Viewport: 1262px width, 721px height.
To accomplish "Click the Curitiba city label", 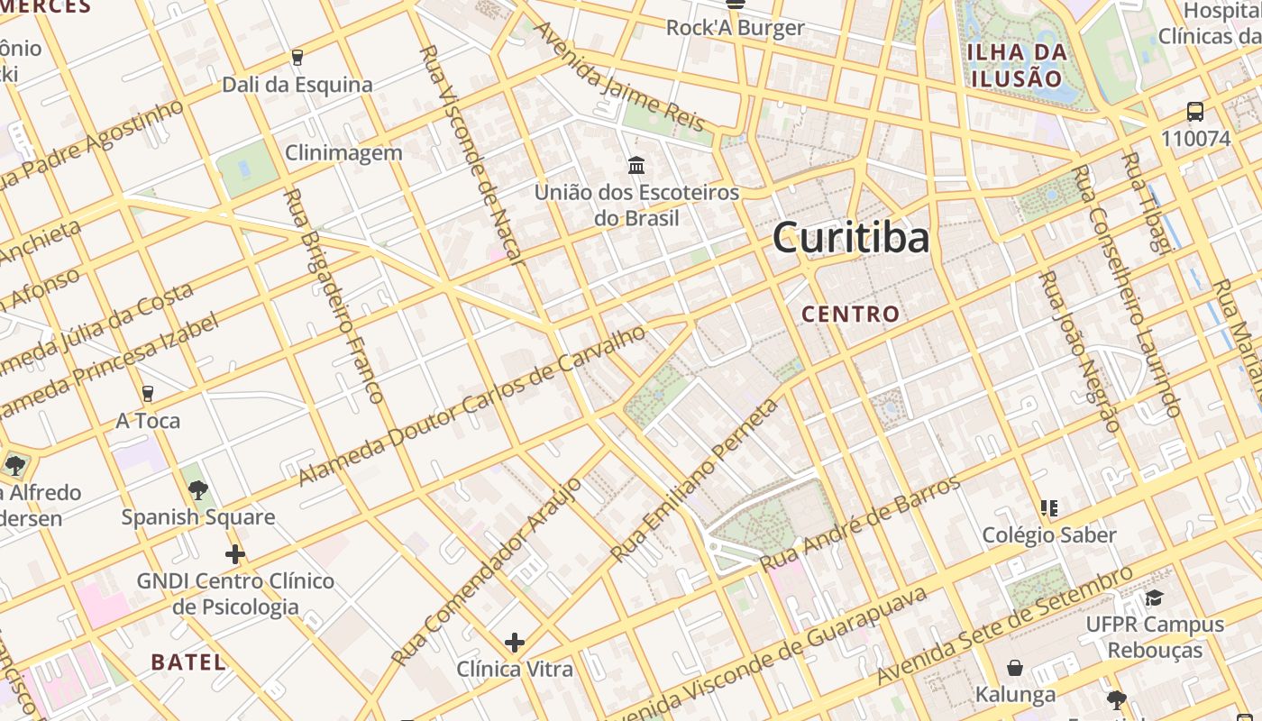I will tap(851, 238).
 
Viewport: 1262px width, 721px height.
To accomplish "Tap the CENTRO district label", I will tap(851, 314).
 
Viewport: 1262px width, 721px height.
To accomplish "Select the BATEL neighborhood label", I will tap(188, 662).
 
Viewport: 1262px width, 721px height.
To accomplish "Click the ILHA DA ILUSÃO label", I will tap(1017, 64).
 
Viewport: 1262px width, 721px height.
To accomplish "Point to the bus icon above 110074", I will tap(1195, 113).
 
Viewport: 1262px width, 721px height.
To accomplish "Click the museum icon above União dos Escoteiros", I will tap(636, 166).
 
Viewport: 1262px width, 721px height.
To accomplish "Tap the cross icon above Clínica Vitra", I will tap(515, 643).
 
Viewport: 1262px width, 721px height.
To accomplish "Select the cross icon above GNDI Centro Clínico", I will tap(235, 553).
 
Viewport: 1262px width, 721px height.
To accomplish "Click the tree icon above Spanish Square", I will tap(198, 490).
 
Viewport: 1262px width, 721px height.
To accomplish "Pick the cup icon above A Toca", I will tap(148, 394).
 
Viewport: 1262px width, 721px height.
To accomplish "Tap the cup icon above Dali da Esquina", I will tap(297, 58).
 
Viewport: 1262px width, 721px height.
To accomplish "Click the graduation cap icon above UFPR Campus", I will tap(1154, 598).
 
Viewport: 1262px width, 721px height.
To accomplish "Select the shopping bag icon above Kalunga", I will tap(1015, 668).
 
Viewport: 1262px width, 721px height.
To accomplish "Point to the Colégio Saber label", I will tap(1049, 534).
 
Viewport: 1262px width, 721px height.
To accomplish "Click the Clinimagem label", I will tap(343, 152).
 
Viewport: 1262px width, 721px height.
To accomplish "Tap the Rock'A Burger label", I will tap(735, 28).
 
